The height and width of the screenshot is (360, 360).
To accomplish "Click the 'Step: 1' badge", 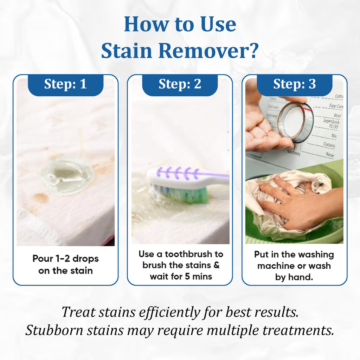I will [65, 84].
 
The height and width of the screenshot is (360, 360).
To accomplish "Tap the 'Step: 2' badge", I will [180, 84].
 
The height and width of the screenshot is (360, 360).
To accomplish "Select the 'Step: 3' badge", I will [294, 84].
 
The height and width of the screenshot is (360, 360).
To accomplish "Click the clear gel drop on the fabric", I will [67, 175].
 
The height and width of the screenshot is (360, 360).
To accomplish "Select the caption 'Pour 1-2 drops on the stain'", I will [65, 264].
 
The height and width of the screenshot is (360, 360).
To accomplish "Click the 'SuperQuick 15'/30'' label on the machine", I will [331, 123].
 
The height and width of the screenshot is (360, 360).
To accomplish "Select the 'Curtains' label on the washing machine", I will [329, 145].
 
